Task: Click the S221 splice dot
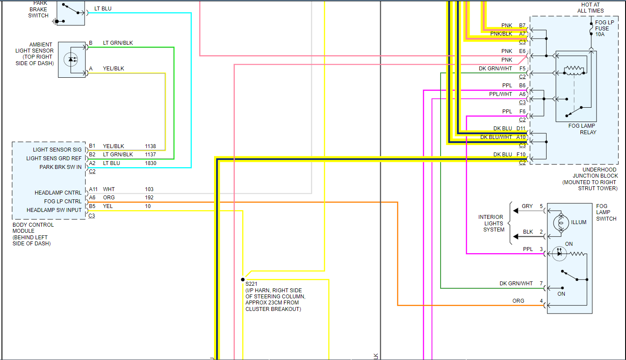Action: coord(243,280)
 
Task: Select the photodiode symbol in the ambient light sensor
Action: coord(71,59)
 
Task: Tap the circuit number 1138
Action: coord(150,146)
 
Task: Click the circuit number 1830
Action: coord(150,163)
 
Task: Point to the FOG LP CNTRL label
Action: coord(63,201)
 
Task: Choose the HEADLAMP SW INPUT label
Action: coord(54,210)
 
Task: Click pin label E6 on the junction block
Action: coord(522,51)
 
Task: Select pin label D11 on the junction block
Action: coord(521,129)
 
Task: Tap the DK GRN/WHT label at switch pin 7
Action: coord(516,284)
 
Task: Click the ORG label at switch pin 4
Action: coord(518,301)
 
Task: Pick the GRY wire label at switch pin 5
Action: coord(527,206)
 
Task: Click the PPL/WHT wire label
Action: coord(501,94)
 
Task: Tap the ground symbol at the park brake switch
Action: coord(55,21)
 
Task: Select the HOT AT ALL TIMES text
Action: coord(590,8)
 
